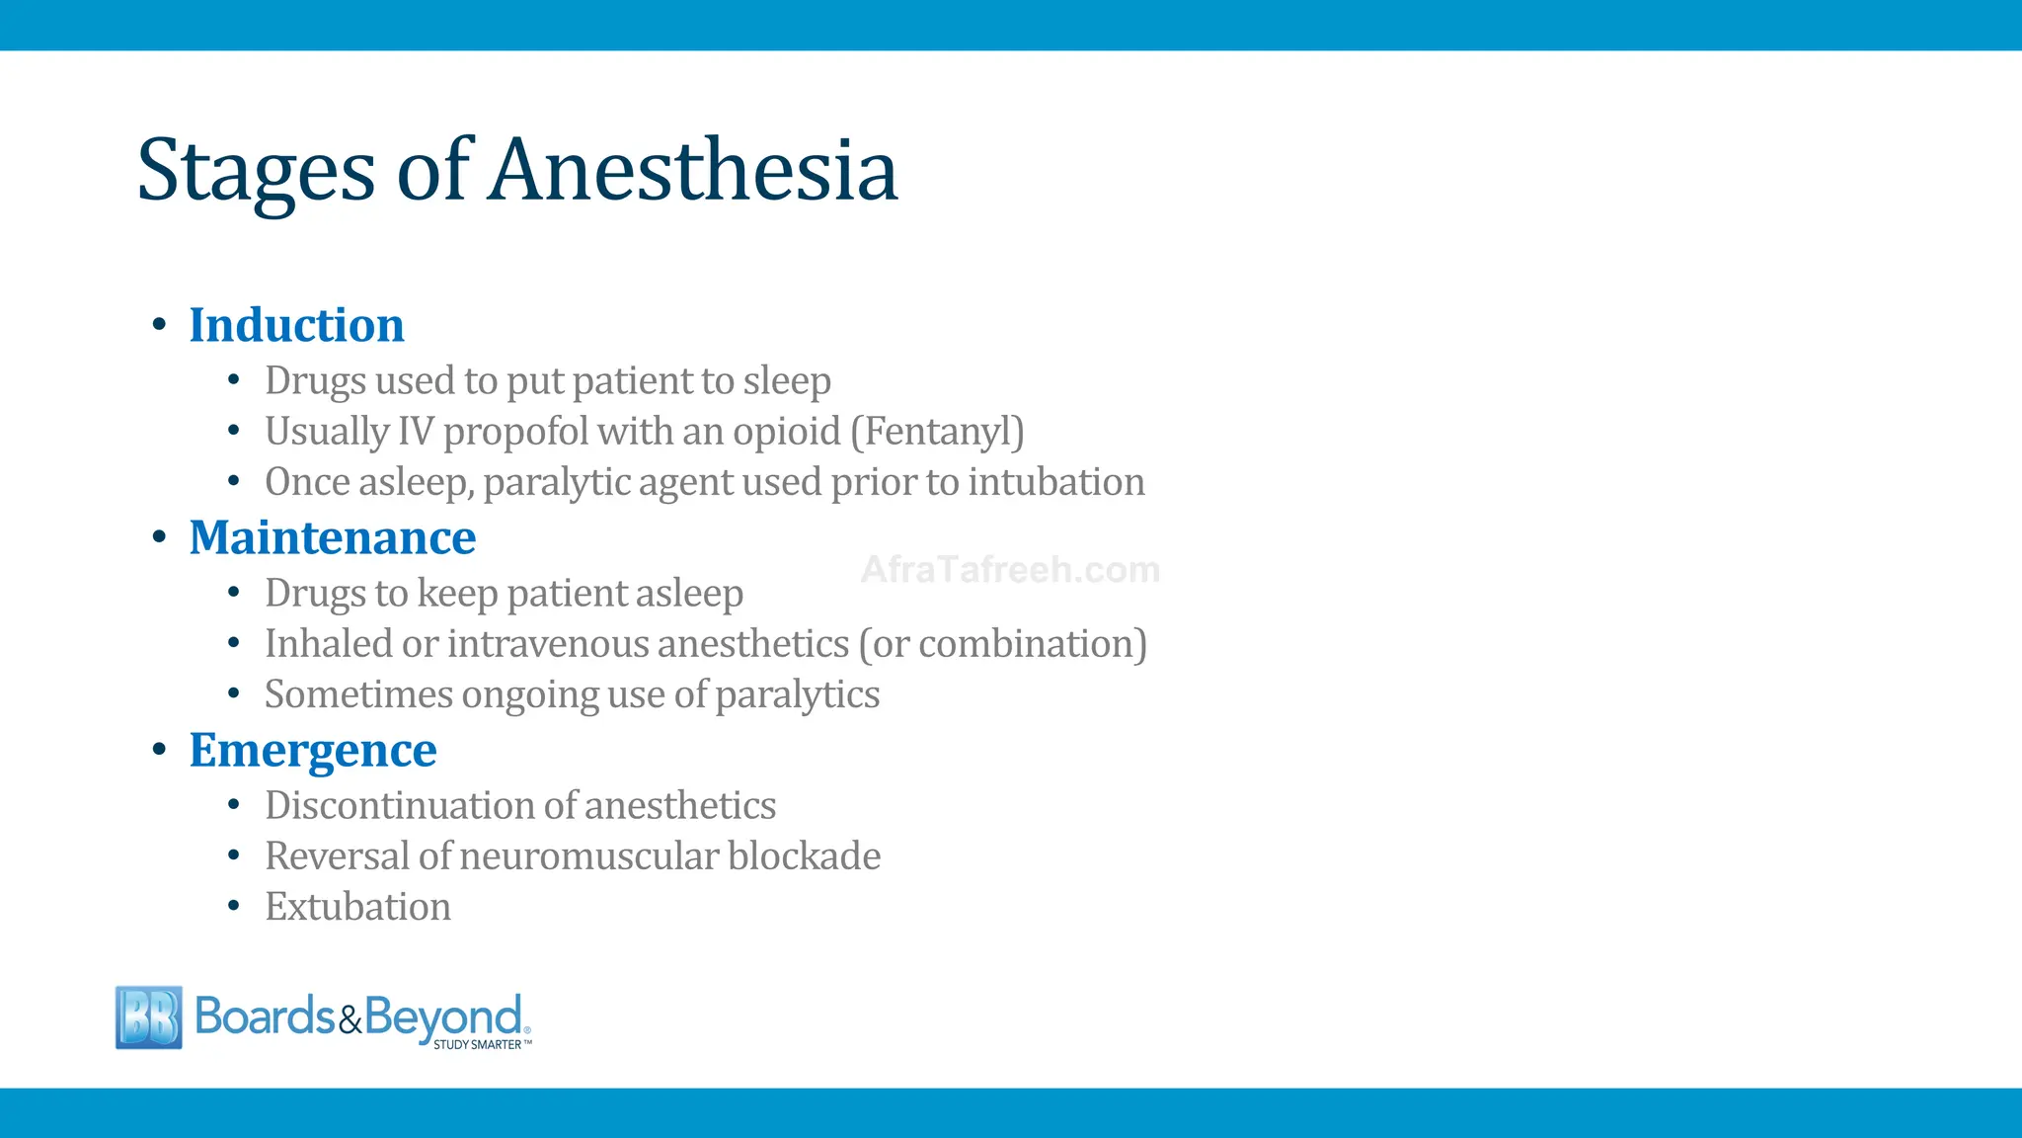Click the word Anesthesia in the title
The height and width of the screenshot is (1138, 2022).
click(693, 170)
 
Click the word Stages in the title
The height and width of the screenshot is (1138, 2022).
click(256, 172)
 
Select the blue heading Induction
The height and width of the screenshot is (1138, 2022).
click(296, 325)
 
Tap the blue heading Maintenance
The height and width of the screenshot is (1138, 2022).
click(332, 537)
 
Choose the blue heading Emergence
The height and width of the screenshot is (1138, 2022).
click(312, 750)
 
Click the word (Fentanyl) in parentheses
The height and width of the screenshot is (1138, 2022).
click(937, 431)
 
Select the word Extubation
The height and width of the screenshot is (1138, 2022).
click(357, 907)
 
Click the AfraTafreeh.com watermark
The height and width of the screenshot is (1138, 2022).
click(1010, 570)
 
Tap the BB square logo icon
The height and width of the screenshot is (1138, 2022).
click(149, 1016)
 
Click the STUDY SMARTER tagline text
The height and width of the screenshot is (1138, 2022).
click(478, 1044)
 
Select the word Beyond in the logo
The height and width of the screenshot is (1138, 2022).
click(442, 1017)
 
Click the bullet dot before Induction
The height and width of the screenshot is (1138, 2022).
click(159, 325)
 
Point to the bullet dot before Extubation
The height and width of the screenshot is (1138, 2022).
click(234, 906)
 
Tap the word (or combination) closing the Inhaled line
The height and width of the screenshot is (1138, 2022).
click(1002, 644)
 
